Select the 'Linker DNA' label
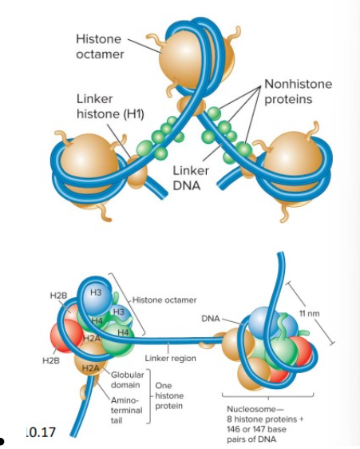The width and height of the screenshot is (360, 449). tap(191, 178)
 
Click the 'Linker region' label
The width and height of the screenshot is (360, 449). tap(170, 359)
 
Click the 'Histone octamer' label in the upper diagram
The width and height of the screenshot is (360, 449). tap(100, 46)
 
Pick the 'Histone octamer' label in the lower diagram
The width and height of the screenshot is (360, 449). tap(164, 300)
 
